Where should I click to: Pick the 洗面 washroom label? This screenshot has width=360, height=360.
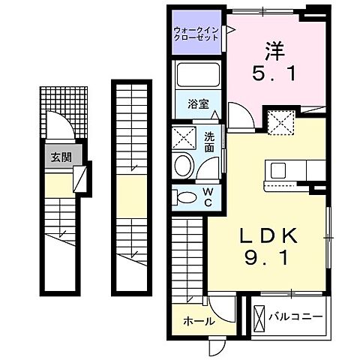click(x=210, y=142)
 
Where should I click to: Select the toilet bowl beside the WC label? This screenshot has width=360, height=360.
click(x=184, y=197)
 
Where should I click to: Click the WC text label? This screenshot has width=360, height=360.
click(x=209, y=196)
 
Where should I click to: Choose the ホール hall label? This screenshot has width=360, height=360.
click(x=199, y=322)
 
